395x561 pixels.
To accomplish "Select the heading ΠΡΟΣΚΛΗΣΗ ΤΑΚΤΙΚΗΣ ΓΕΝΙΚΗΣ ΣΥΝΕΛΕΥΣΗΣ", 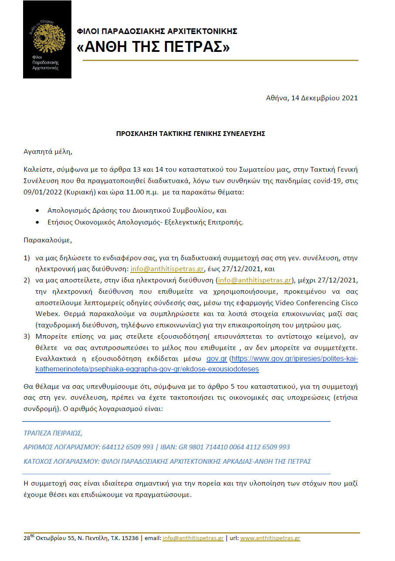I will coord(190,134).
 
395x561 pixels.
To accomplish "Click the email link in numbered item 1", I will coord(167,269).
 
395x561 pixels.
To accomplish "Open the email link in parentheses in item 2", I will coord(255,280).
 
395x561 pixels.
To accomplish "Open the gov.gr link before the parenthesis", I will coord(216,358).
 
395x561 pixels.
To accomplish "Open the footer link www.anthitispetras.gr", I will coord(270,538).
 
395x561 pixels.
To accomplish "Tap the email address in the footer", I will coord(193,538).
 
